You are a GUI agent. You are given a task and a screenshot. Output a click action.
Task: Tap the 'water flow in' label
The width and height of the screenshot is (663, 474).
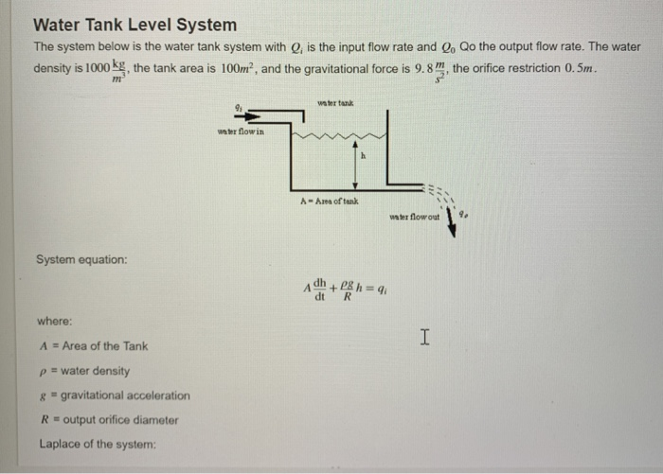[x=242, y=132]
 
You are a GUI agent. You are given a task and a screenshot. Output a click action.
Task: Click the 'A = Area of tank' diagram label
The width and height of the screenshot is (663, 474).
[x=329, y=201]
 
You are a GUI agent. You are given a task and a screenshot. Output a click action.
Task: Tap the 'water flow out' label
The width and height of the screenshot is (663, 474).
[x=414, y=217]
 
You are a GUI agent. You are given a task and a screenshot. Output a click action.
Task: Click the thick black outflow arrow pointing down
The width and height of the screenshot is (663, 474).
[x=452, y=225]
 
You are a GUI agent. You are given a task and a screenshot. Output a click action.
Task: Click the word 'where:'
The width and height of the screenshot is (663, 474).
[x=55, y=322]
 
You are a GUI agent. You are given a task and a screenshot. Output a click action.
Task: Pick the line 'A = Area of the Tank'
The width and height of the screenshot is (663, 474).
[x=93, y=346]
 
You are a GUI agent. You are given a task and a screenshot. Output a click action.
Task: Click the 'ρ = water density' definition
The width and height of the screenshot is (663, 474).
[x=85, y=371]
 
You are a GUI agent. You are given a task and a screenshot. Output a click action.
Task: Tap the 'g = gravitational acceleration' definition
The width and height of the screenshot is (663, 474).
[x=115, y=395]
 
